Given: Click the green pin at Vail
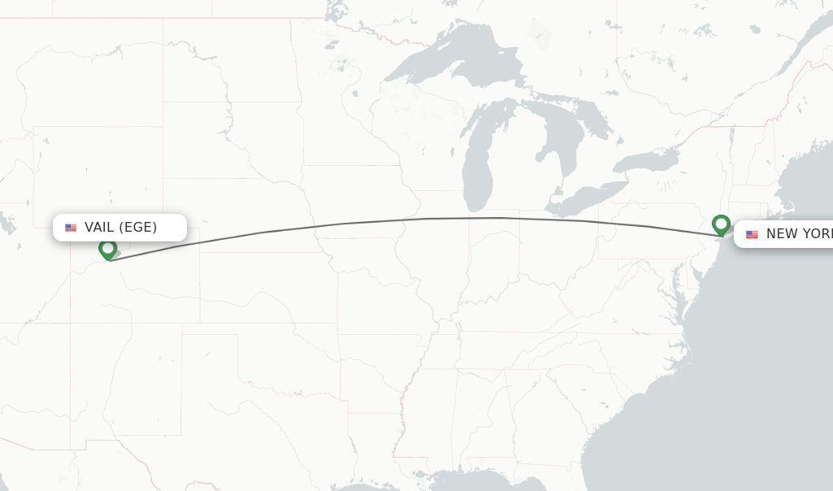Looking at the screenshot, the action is tap(107, 248).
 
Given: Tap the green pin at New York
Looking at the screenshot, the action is tap(721, 224).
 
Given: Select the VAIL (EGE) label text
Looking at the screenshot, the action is tap(120, 227).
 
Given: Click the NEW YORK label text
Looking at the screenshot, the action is tap(798, 234).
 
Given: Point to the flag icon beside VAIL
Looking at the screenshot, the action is tap(71, 228).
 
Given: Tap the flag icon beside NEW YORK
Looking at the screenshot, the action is tap(752, 234).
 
